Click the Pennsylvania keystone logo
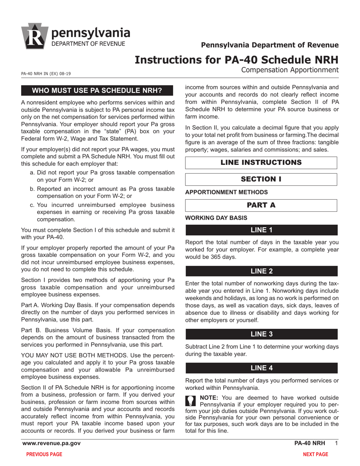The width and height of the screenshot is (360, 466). click(34, 36)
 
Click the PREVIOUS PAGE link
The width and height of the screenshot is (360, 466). click(44, 454)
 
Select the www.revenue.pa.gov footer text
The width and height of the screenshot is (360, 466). click(51, 443)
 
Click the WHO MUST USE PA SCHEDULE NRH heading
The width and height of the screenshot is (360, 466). click(97, 91)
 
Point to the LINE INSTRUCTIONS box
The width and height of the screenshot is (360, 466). click(261, 163)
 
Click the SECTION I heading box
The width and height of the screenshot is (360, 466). click(261, 179)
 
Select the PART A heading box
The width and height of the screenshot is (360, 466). click(261, 205)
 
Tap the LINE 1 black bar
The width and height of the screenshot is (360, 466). click(261, 230)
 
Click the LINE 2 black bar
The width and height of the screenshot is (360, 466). click(261, 271)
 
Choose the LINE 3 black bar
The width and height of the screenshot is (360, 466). click(261, 334)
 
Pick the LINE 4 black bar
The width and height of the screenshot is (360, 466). click(261, 368)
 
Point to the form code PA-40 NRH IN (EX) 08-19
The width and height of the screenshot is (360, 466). click(45, 74)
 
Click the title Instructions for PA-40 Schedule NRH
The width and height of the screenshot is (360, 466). click(236, 59)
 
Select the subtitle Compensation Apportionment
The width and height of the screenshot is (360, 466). click(290, 70)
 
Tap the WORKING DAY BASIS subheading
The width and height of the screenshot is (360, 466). click(216, 218)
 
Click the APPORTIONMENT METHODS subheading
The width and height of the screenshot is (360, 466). click(226, 192)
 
